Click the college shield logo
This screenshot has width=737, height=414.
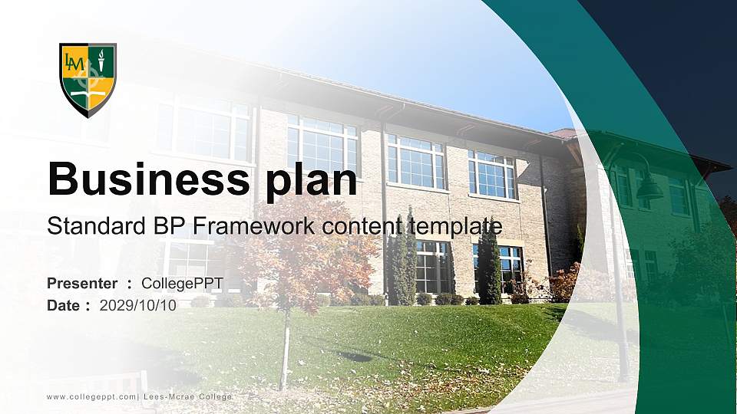coord(88,79)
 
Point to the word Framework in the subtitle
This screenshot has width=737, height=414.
coord(249,226)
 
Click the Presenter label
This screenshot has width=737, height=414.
coord(82,284)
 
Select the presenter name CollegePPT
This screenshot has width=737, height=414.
coord(182,284)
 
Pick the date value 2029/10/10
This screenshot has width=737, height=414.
coord(137,305)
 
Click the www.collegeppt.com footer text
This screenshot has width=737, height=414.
coord(91,396)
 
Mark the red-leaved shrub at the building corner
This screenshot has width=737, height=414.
coord(564,282)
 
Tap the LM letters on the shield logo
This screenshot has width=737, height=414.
coord(74,61)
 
